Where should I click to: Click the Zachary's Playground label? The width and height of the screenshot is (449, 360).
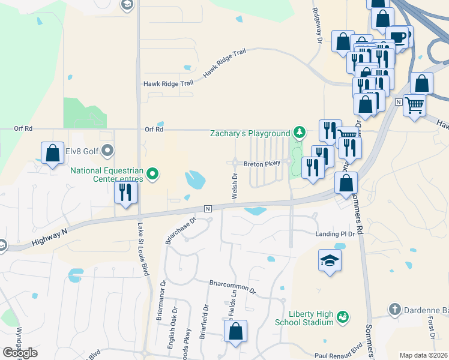(250, 133)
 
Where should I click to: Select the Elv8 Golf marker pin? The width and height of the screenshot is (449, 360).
(107, 150)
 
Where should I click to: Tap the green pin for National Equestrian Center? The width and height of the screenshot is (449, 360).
(152, 175)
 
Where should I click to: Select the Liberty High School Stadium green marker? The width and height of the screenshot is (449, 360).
(343, 316)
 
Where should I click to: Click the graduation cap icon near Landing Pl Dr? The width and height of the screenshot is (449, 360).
(329, 260)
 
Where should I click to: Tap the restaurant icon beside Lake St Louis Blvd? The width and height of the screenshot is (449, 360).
(126, 192)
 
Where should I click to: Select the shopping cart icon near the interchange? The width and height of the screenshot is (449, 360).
(415, 105)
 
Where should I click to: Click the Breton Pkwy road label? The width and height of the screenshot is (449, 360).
(262, 163)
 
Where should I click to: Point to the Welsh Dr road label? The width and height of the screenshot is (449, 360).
(235, 187)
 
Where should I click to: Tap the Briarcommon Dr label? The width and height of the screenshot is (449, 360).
(232, 286)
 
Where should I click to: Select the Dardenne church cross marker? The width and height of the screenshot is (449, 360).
(394, 310)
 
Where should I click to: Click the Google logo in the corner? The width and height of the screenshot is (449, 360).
(20, 352)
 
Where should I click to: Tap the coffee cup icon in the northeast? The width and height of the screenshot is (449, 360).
(397, 37)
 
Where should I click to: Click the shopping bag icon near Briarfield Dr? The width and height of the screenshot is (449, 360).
(237, 331)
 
